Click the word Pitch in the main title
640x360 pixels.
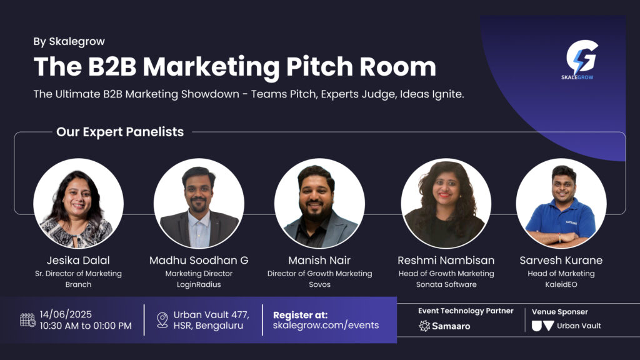coord(319,66)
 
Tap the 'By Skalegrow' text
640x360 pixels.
coord(69,41)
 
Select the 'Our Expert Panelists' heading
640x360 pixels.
coord(120,132)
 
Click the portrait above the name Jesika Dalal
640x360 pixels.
coord(78,203)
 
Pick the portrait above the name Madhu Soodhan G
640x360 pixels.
coord(199,203)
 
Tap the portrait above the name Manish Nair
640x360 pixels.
coord(319,203)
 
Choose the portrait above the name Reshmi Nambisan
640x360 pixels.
coord(446,203)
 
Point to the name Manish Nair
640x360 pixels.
coord(319,260)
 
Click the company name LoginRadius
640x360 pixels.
coord(199,284)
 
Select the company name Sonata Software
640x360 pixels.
coord(446,284)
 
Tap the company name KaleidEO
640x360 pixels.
coord(561,284)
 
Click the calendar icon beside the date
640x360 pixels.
coord(27,320)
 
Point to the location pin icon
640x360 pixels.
coord(162,320)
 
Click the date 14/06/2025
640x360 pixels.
coord(66,314)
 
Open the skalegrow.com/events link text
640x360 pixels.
coord(326,325)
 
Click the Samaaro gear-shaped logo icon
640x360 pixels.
coord(424,326)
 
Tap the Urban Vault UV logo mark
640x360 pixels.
coord(543,326)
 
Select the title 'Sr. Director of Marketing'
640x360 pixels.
coord(78,274)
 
